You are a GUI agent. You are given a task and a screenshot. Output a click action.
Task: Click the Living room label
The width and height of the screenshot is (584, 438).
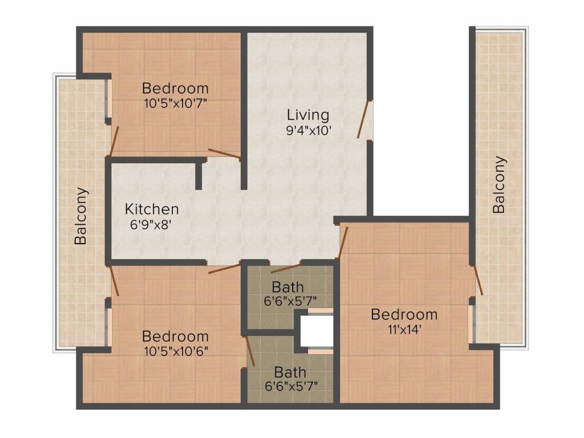click(x=308, y=115)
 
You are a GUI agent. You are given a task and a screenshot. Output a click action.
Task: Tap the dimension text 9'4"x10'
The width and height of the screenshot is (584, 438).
click(x=308, y=130)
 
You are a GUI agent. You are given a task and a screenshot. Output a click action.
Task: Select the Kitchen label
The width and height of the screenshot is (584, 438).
click(x=152, y=209)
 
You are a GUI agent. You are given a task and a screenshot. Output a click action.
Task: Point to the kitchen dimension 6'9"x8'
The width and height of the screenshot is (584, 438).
click(x=151, y=224)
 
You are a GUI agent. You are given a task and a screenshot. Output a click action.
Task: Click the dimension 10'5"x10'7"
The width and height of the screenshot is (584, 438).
click(x=175, y=103)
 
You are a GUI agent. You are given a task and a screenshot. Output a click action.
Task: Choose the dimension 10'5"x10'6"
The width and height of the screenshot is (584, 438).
click(x=175, y=351)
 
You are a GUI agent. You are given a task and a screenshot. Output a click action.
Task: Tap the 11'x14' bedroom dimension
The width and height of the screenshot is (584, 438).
click(x=404, y=329)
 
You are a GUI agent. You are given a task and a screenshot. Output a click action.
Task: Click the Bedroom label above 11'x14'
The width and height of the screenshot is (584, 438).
click(x=404, y=314)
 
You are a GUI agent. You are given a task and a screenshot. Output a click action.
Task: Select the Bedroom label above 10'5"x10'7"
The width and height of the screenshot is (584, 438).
click(x=175, y=88)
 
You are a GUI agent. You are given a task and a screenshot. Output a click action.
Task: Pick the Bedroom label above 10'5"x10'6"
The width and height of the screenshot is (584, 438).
click(x=175, y=336)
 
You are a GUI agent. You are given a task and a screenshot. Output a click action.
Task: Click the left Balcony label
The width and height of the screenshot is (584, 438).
click(x=82, y=216)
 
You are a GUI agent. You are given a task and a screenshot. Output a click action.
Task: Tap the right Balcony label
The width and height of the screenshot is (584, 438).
click(x=499, y=185)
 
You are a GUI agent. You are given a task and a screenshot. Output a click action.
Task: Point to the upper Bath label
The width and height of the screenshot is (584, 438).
click(x=287, y=286)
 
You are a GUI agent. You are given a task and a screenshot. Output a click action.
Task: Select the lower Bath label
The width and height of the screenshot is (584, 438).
click(x=290, y=372)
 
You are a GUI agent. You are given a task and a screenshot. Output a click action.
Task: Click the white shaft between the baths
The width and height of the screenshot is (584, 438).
click(x=316, y=330)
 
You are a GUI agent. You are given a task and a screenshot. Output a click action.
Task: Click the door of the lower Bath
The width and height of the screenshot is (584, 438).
click(x=249, y=350)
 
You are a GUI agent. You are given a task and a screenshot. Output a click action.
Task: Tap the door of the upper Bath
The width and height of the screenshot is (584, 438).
click(x=286, y=267)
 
